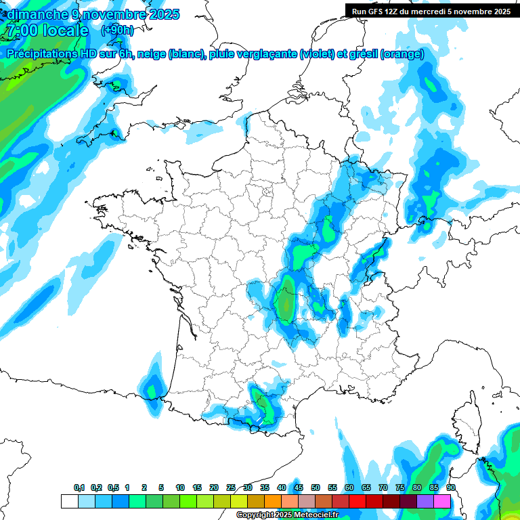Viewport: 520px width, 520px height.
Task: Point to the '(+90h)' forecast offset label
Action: [x=117, y=30]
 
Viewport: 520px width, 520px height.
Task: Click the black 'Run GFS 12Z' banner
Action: [x=431, y=11]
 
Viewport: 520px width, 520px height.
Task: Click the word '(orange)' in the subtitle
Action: [x=402, y=54]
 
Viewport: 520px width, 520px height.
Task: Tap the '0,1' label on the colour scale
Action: [x=79, y=487]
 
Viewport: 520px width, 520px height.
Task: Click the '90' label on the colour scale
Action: [x=450, y=487]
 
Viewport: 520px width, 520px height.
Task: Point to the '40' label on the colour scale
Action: [x=281, y=487]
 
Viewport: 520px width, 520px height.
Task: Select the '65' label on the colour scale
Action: [x=366, y=487]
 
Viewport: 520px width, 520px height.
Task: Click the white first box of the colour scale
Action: [x=69, y=501]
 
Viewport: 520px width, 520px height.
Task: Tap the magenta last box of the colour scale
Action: [x=442, y=501]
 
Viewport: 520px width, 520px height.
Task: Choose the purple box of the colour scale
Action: [x=425, y=501]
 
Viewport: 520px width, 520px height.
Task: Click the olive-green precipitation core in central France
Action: [x=287, y=301]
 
